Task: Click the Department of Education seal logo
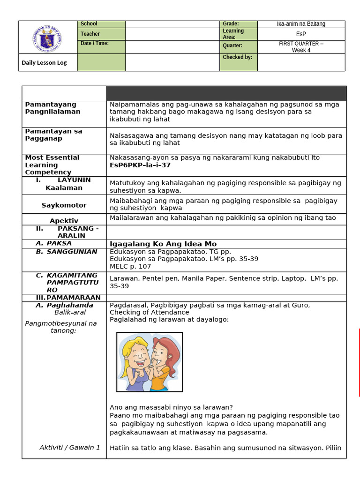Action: (x=47, y=39)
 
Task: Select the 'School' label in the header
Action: (x=89, y=24)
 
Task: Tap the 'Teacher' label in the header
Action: (x=90, y=34)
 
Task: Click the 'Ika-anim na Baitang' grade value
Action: (x=301, y=24)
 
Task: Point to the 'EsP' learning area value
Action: (x=301, y=34)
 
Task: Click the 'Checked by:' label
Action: (x=238, y=57)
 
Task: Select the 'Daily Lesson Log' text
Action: (x=44, y=62)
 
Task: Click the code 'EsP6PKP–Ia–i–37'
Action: (x=140, y=165)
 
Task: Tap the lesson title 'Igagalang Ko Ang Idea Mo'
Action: (x=163, y=244)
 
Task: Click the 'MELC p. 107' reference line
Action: (x=130, y=266)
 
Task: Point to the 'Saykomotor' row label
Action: (x=64, y=205)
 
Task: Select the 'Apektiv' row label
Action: (x=64, y=221)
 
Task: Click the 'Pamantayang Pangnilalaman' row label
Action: (x=52, y=108)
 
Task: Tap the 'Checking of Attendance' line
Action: (x=150, y=312)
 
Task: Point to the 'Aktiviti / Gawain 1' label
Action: (x=70, y=447)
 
